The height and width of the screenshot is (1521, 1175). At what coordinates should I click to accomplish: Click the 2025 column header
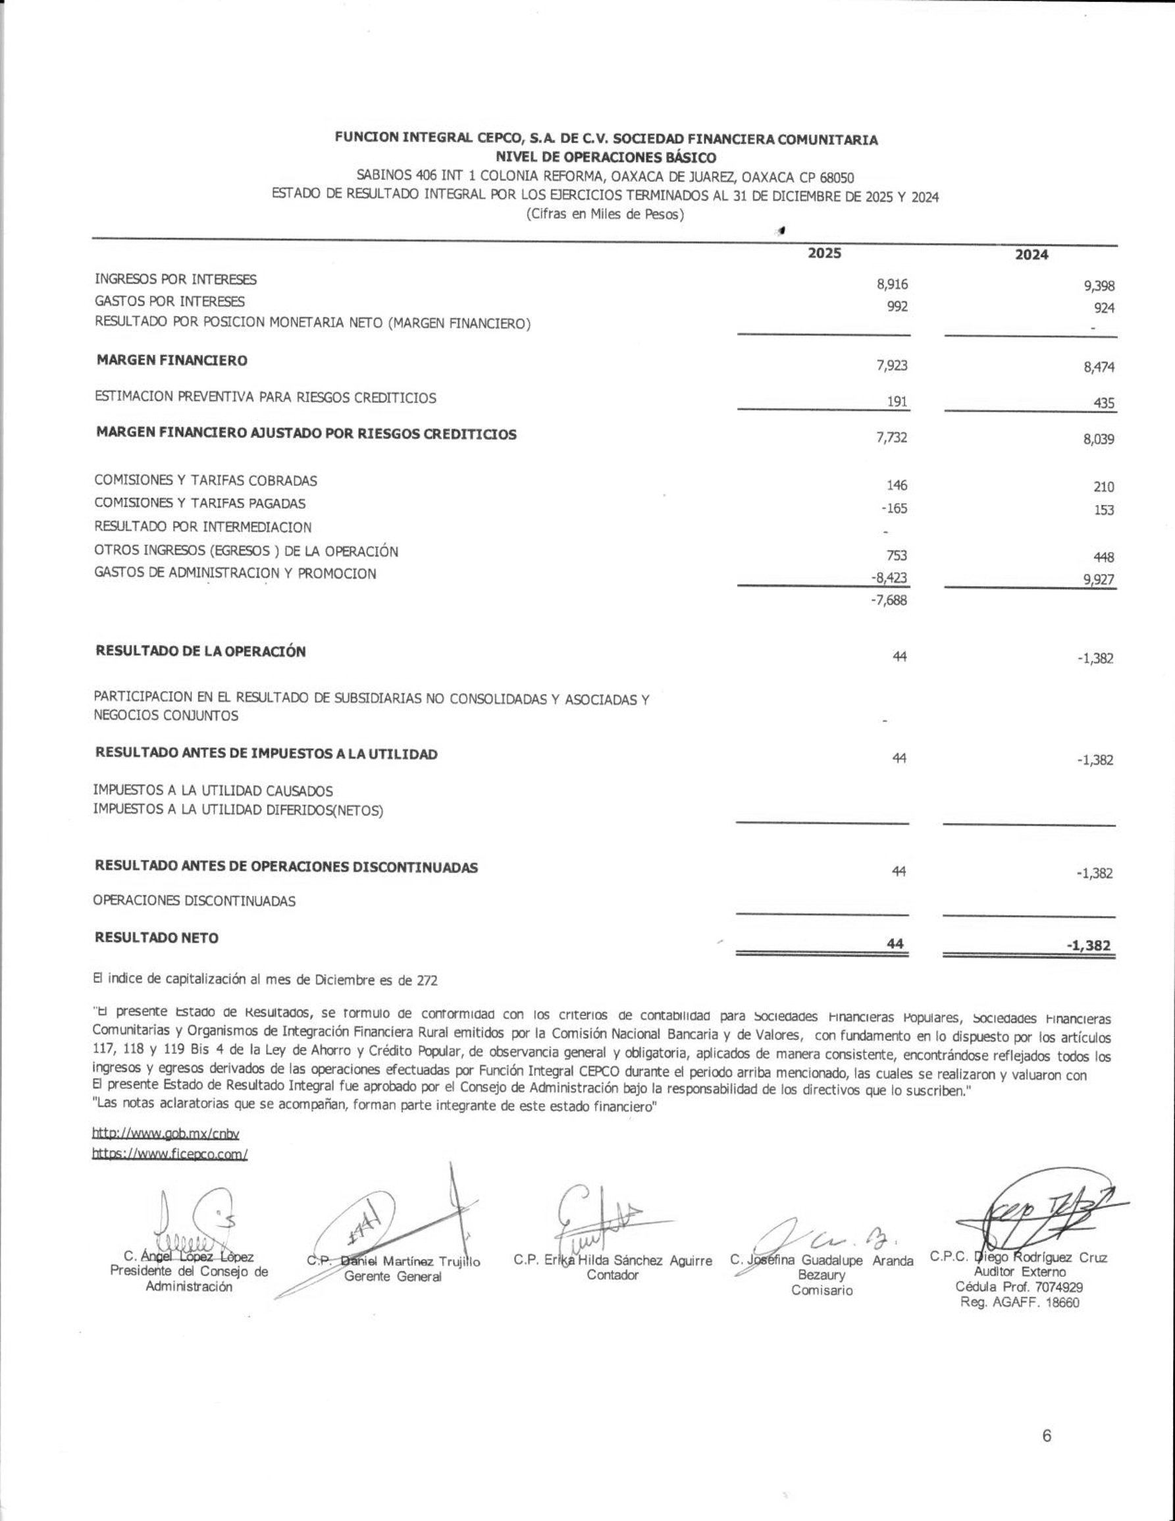click(824, 254)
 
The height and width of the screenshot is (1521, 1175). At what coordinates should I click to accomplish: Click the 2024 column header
click(1031, 255)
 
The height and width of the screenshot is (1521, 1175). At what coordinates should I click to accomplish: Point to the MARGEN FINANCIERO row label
click(172, 360)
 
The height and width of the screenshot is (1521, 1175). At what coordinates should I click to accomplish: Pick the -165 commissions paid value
click(894, 508)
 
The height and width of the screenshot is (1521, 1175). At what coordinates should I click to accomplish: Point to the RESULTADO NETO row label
click(157, 938)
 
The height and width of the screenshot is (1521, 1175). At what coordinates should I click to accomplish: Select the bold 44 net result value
click(895, 944)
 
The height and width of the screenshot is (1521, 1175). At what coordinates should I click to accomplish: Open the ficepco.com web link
click(170, 1154)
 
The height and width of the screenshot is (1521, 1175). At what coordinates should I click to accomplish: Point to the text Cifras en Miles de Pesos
click(606, 215)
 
